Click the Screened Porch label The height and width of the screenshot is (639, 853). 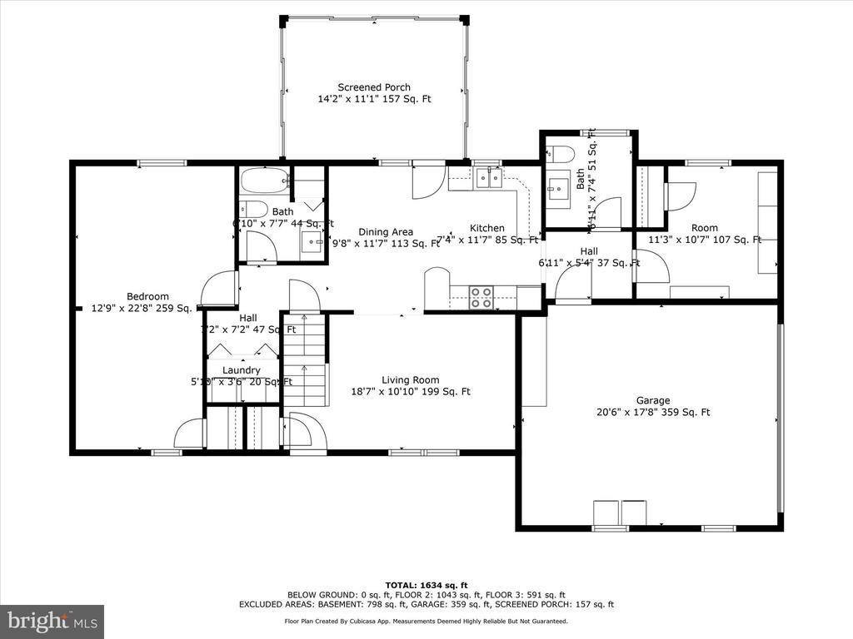click(374, 87)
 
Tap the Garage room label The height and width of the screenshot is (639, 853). click(654, 400)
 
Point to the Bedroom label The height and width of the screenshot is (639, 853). click(147, 296)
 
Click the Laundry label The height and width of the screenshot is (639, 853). click(242, 370)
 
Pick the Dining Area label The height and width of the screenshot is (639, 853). click(386, 232)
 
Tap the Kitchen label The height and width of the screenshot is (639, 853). click(486, 228)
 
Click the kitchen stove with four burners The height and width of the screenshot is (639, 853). click(481, 297)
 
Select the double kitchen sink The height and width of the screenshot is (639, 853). click(486, 176)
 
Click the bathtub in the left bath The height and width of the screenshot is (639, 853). click(263, 181)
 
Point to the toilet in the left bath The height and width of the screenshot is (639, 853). click(253, 209)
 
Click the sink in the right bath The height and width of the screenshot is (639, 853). click(559, 186)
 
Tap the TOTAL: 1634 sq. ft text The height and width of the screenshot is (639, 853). click(426, 584)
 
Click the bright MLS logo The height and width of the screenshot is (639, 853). click(52, 621)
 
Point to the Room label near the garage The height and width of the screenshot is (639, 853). click(704, 228)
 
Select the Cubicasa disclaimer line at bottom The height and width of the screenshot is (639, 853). click(426, 621)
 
